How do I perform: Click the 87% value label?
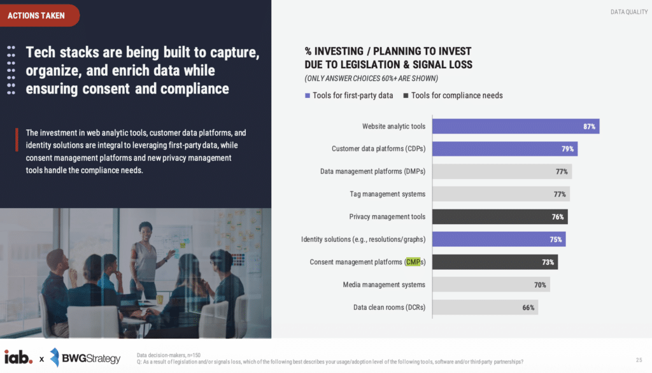click(x=590, y=127)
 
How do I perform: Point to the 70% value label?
click(x=540, y=285)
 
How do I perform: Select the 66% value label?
click(x=528, y=308)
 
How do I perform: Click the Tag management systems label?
click(x=387, y=194)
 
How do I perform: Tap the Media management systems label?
click(x=384, y=285)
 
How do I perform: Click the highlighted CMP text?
click(x=413, y=262)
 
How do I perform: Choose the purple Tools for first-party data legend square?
click(x=308, y=95)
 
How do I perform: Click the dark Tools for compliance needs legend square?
click(x=406, y=95)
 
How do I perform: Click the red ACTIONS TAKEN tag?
click(x=38, y=15)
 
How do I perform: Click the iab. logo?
click(x=18, y=358)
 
